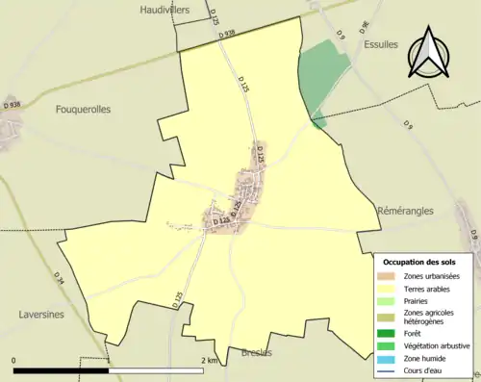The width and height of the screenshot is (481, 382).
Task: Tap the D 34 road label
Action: [x=60, y=280]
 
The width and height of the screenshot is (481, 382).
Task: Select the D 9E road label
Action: [x=366, y=26]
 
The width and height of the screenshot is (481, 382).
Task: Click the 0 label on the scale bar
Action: [x=15, y=360]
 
